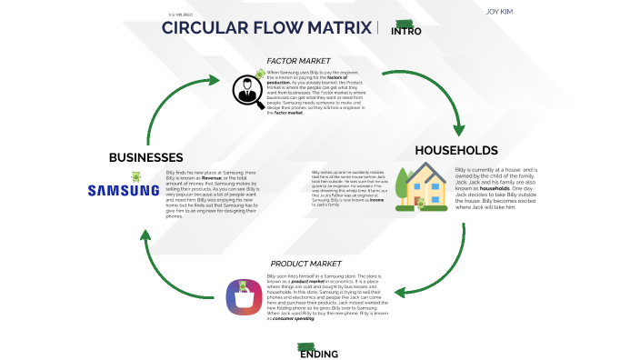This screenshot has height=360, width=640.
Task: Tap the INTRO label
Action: [x=406, y=31]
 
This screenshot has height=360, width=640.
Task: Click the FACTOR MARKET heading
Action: [x=305, y=60]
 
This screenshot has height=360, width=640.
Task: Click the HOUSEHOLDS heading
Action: [x=455, y=150]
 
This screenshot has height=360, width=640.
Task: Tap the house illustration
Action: [x=420, y=186]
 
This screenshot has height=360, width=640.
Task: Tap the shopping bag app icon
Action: [x=245, y=298]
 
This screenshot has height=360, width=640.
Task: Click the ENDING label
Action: [x=319, y=354]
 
